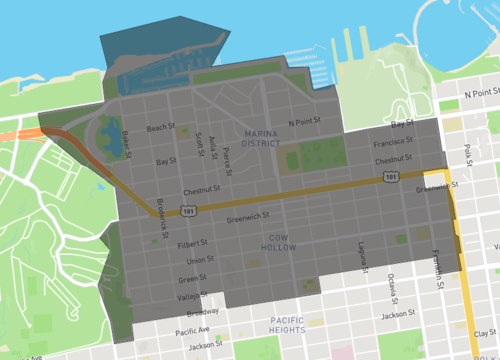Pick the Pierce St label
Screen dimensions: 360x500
pos(229,158)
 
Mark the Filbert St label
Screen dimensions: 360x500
pos(191,242)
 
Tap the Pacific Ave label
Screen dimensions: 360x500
pos(191,330)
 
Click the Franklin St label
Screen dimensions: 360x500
pos(436,266)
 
